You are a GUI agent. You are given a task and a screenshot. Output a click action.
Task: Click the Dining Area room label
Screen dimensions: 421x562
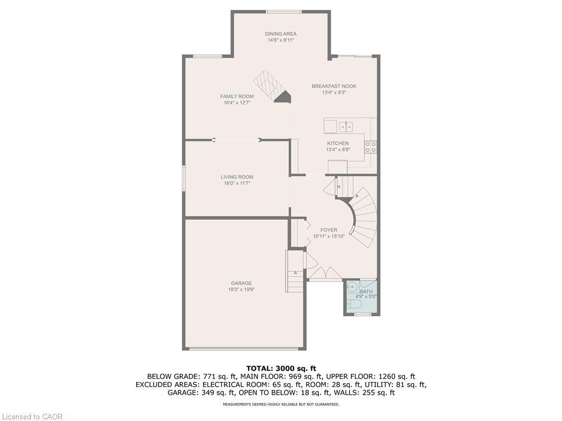click(282, 34)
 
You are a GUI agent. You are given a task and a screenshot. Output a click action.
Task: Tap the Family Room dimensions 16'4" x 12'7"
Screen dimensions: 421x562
click(237, 103)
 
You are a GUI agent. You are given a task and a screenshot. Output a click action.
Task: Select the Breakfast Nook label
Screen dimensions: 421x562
click(334, 86)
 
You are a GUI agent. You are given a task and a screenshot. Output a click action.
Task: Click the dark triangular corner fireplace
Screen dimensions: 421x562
click(283, 97)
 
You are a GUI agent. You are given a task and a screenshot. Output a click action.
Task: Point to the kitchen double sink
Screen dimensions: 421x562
click(346, 127)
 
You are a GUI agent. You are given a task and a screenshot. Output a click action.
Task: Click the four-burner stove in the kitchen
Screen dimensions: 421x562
click(371, 146)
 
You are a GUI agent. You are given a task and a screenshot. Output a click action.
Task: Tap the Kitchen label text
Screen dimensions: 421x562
click(338, 144)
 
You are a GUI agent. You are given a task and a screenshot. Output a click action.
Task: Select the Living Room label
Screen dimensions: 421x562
click(237, 177)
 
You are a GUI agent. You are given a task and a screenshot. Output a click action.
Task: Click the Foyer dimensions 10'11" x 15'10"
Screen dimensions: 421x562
click(329, 236)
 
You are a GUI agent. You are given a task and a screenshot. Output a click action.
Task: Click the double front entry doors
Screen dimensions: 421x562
click(325, 274)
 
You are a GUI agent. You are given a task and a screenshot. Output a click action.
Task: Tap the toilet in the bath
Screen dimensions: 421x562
click(355, 304)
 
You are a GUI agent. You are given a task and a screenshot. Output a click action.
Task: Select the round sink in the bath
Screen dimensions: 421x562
click(353, 287)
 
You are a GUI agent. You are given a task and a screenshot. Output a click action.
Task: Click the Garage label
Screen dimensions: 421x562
click(241, 283)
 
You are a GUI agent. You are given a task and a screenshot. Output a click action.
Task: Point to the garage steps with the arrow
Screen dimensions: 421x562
click(295, 272)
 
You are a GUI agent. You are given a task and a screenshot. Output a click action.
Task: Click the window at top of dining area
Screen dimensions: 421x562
click(283, 12)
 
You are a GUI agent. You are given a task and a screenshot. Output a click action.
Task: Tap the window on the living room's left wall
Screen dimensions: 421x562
click(184, 178)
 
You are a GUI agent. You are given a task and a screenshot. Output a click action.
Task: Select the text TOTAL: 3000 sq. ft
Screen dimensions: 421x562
click(281, 368)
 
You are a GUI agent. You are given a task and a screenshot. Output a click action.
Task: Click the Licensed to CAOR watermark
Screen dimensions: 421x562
click(32, 417)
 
